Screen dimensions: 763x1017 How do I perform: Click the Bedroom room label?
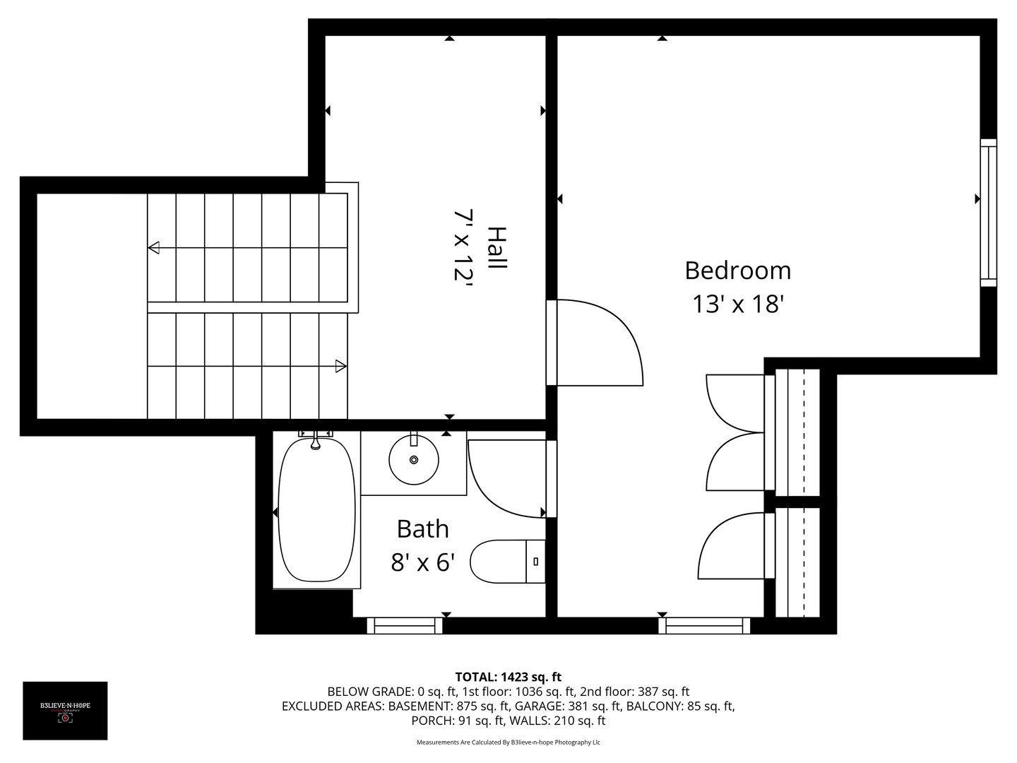point(738,271)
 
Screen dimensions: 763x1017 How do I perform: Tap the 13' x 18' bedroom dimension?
point(738,304)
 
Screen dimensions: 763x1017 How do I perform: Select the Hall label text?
point(497,247)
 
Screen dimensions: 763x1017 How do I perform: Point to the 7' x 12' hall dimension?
point(463,245)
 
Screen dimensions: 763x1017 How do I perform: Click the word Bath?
point(422,528)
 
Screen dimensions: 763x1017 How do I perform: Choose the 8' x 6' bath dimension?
point(422,562)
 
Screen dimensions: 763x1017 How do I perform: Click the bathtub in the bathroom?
point(316,510)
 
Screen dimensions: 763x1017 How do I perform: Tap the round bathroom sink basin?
point(414,460)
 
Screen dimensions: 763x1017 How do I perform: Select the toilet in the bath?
point(505,562)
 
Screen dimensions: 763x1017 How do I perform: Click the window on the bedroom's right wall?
point(989,212)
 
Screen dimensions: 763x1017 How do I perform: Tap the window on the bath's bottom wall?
point(405,625)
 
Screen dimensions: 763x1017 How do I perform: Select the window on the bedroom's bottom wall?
point(704,625)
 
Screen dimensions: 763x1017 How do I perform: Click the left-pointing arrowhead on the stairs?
point(154,247)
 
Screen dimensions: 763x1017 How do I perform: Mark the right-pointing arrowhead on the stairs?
point(341,366)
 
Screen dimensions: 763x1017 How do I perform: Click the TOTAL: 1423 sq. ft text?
point(509,677)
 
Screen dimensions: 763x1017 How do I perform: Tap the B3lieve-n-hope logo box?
point(65,711)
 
